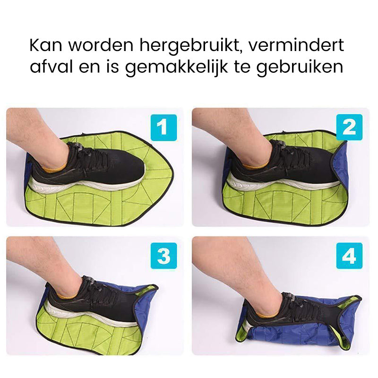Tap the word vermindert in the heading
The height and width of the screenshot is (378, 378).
tap(296, 44)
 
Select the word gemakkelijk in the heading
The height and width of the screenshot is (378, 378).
tap(176, 67)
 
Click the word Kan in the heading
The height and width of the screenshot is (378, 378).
tap(46, 44)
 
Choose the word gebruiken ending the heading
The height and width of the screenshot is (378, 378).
tap(300, 67)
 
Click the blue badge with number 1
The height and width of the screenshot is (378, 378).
tap(163, 128)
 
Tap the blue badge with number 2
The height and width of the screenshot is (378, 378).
tap(349, 127)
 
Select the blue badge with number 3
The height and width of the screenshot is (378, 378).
tap(163, 256)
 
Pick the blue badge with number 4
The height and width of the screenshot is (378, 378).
tap(349, 256)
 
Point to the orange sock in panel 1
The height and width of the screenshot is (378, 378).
tap(55, 167)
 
